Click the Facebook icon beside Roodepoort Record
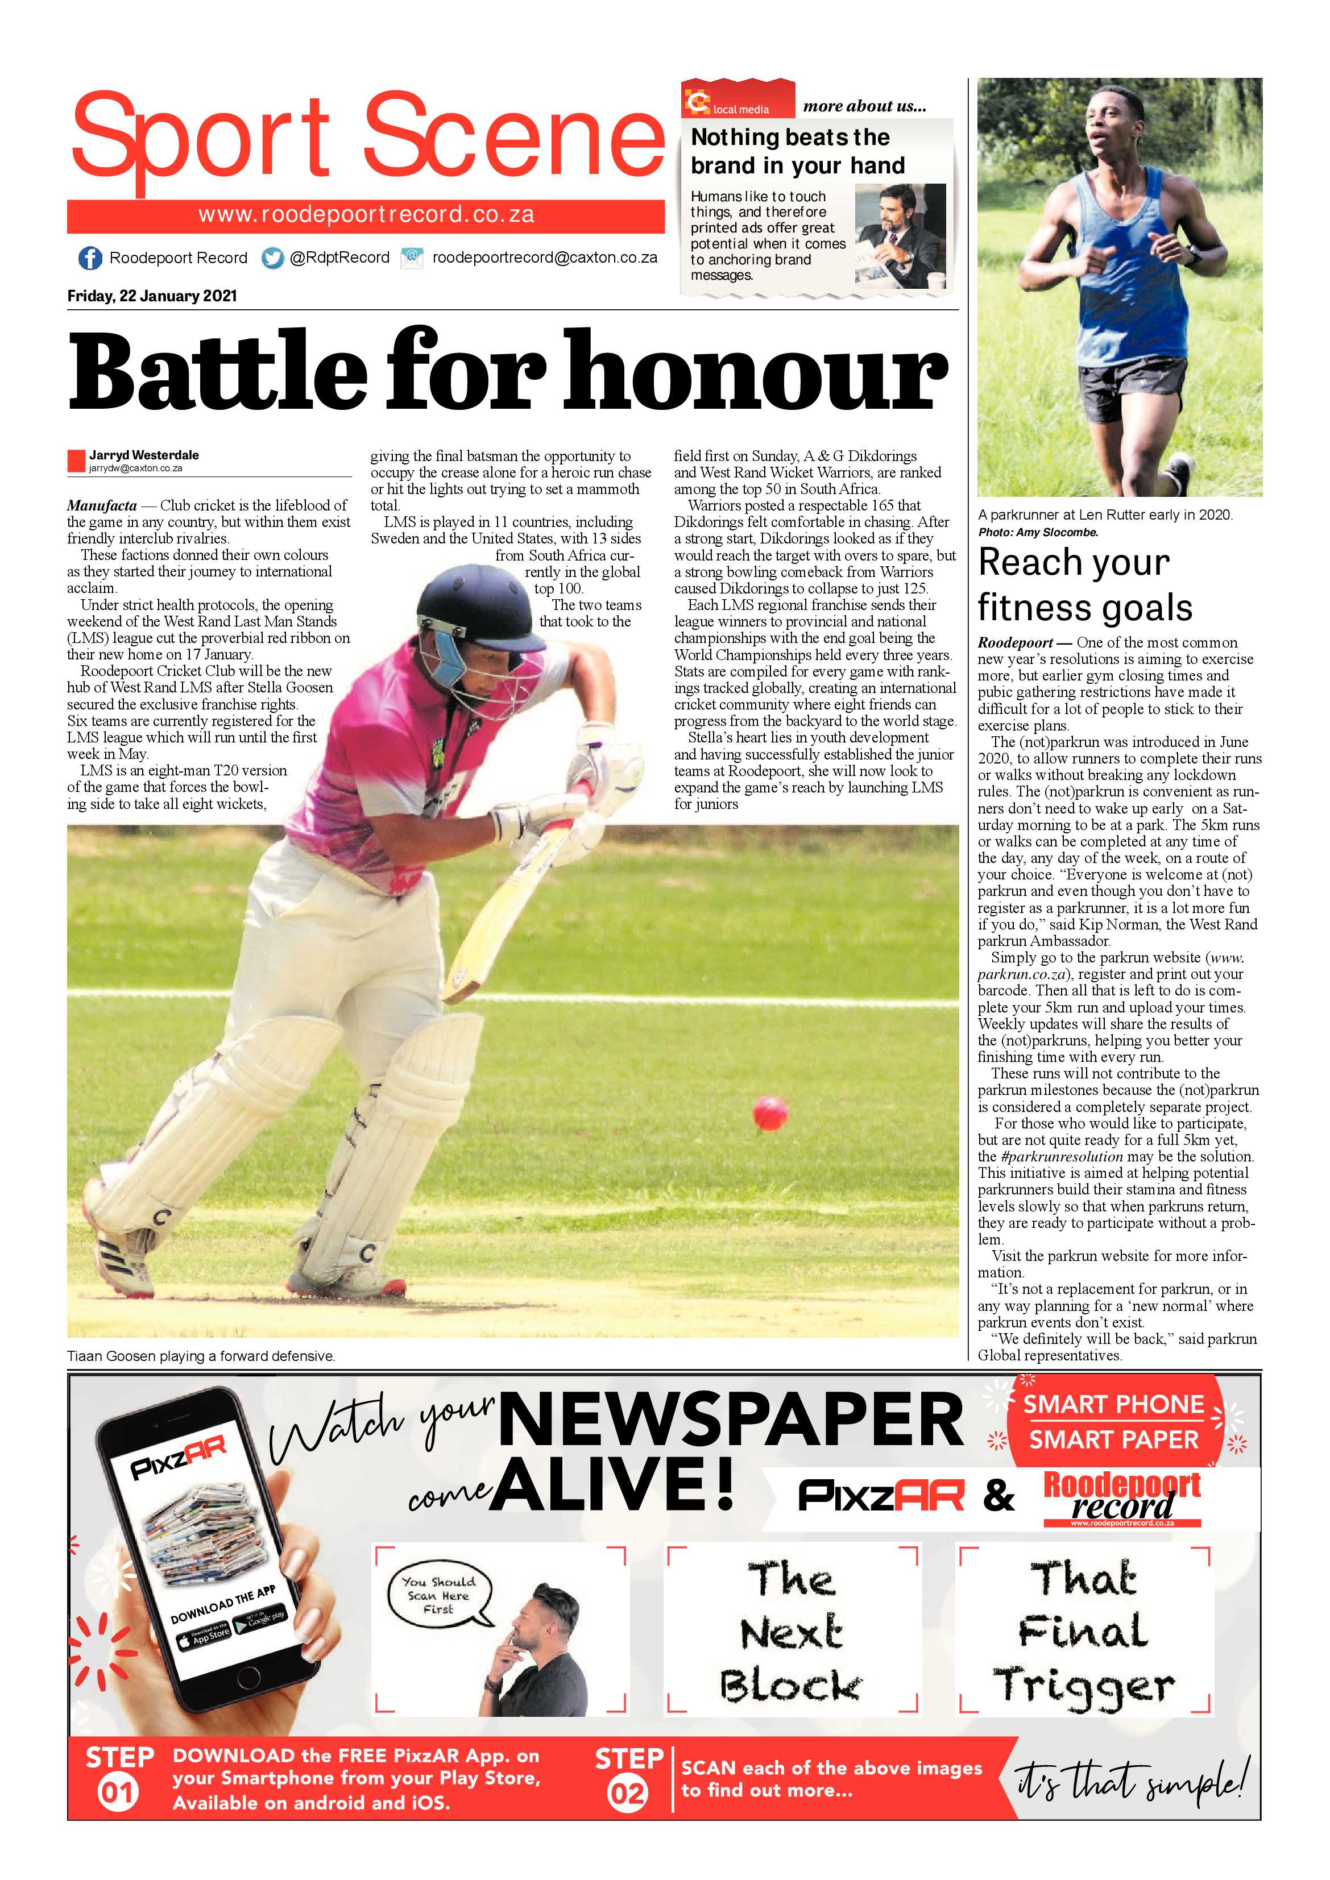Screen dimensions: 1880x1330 pos(89,258)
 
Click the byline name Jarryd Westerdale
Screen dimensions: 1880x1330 pos(144,455)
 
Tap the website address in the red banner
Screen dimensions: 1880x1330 pos(366,215)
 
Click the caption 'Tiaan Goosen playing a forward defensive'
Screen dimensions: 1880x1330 pos(201,1355)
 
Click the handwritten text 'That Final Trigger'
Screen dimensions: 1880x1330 pos(1083,1631)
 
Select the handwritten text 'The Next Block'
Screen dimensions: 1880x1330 pos(791,1631)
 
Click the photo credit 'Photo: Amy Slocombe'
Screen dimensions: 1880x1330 pos(1038,532)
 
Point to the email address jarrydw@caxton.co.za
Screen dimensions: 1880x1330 pos(135,469)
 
